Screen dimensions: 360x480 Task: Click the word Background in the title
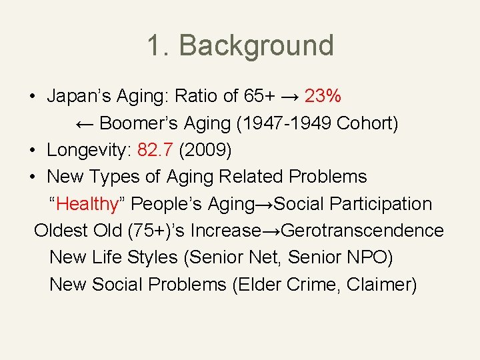(x=256, y=45)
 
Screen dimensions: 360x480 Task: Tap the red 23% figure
(x=323, y=97)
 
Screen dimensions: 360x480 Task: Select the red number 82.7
(x=155, y=150)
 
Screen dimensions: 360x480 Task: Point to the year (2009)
(x=205, y=150)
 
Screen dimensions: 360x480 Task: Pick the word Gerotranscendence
(x=363, y=231)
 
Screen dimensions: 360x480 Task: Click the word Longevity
(x=89, y=150)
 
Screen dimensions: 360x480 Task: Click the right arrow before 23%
(x=289, y=97)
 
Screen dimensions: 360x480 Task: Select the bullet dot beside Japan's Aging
(x=32, y=97)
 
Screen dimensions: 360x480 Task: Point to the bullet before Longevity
(x=32, y=150)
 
